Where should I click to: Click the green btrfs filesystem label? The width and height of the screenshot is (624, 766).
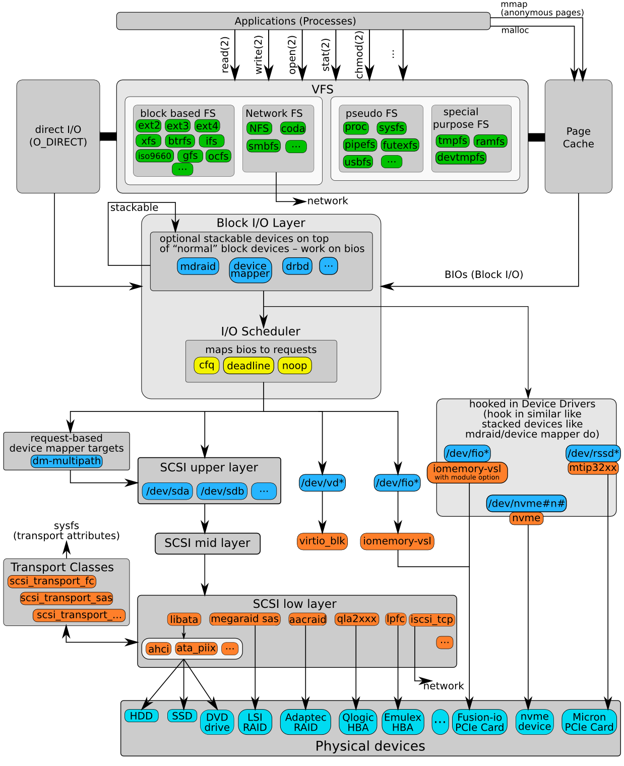(180, 141)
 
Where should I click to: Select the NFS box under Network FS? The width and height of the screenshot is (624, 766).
(259, 128)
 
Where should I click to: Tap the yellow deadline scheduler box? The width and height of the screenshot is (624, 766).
(248, 366)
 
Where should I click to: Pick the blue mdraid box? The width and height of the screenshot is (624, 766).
(198, 266)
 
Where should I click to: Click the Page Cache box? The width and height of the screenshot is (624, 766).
(578, 137)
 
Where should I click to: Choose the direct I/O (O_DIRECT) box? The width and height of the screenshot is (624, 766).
(58, 136)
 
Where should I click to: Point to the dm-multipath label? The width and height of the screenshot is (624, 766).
(67, 461)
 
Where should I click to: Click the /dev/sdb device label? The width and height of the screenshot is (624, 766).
(222, 491)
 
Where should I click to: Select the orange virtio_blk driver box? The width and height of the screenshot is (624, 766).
(322, 541)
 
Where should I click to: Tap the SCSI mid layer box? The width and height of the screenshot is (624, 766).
(207, 543)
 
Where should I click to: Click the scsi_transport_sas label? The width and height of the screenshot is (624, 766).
(67, 598)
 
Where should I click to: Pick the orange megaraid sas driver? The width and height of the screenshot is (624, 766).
(244, 619)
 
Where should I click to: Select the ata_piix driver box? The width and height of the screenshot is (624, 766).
(196, 649)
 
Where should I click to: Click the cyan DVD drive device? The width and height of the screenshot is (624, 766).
(217, 722)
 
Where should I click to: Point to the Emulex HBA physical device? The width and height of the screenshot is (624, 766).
(402, 722)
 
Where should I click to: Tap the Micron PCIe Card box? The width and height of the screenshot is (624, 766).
(589, 722)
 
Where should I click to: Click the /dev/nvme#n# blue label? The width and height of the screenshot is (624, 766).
(526, 503)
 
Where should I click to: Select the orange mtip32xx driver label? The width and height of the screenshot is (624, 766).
(593, 468)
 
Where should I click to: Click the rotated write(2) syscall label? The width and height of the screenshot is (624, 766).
(259, 54)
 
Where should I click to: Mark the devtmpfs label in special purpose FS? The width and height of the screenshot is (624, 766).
(461, 158)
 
